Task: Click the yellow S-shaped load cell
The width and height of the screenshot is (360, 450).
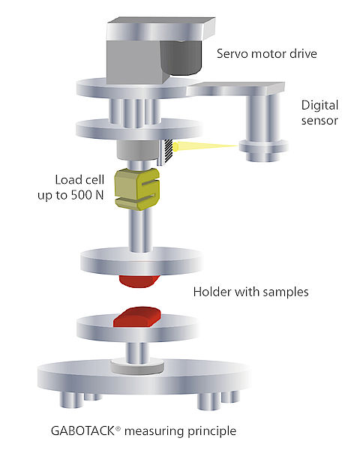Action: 137,189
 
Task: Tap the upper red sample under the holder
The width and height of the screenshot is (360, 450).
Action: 139,281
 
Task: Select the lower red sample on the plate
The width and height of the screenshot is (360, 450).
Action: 137,316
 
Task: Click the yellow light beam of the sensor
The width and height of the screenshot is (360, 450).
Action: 205,146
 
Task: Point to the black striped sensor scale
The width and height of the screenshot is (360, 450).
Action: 167,150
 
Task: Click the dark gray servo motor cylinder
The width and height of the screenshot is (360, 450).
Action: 180,58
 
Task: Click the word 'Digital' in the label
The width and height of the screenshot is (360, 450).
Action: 319,106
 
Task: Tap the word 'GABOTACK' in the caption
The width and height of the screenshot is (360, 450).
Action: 82,430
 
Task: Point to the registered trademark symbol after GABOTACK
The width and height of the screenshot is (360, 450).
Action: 118,428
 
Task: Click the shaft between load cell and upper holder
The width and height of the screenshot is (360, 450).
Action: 140,230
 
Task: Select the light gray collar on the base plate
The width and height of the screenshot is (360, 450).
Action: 137,367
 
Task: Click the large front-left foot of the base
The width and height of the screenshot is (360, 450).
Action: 71,400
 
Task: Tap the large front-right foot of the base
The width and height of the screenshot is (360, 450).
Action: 208,401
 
